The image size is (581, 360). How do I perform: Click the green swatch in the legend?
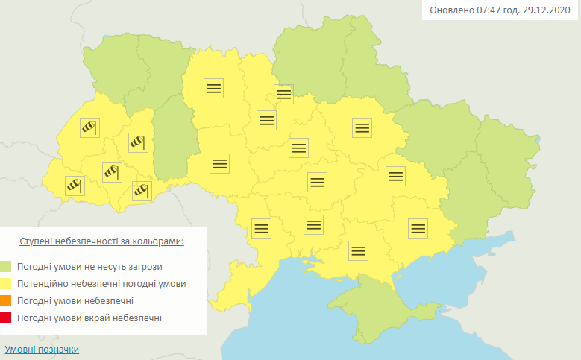click(7, 267)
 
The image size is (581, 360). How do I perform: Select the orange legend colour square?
click(7, 301)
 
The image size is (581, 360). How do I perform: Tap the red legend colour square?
click(7, 318)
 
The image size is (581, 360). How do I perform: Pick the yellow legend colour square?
click(7, 284)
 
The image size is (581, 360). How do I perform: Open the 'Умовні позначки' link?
click(42, 350)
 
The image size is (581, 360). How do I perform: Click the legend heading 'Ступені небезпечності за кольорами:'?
click(101, 242)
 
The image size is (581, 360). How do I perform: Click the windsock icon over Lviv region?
click(89, 128)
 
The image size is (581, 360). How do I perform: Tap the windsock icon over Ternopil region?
click(139, 141)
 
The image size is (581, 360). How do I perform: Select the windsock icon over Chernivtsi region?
click(142, 191)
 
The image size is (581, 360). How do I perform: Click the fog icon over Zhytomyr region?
click(214, 88)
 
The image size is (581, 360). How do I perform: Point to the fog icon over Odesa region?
click(261, 228)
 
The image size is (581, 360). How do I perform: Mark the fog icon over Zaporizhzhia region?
click(418, 228)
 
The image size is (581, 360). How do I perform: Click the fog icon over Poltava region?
click(362, 127)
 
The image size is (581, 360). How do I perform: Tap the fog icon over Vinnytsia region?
click(219, 163)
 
